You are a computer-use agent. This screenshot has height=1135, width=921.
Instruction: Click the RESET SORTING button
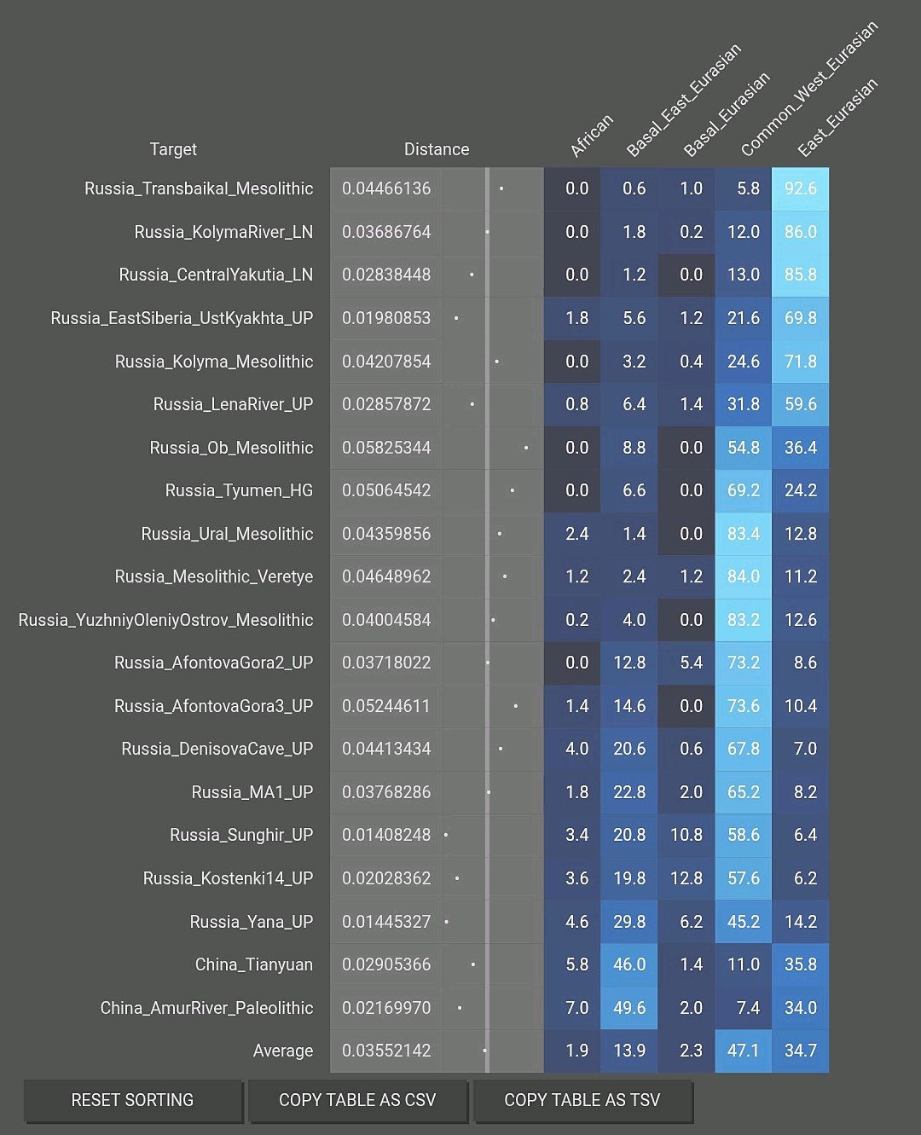click(x=132, y=1100)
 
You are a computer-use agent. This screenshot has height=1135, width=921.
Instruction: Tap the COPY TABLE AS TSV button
click(x=582, y=1100)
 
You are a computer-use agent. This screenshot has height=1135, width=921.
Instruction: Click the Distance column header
click(x=436, y=149)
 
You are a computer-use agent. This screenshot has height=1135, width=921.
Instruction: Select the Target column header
click(x=173, y=149)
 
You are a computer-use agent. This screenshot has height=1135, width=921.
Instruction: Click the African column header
click(x=591, y=136)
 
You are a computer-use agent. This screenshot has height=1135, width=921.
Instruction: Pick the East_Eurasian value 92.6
click(x=800, y=188)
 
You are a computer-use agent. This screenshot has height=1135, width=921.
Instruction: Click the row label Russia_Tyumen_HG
click(x=239, y=490)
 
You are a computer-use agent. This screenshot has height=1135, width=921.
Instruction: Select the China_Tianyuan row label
click(x=253, y=964)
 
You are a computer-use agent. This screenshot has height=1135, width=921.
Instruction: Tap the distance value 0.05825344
click(x=386, y=448)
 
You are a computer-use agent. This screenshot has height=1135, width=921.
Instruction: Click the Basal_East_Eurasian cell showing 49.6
click(x=629, y=1008)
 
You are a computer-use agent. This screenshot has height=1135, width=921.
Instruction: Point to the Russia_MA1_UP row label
click(x=252, y=792)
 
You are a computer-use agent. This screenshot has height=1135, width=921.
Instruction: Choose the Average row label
click(x=282, y=1051)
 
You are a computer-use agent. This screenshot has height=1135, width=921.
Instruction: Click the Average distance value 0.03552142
click(x=386, y=1051)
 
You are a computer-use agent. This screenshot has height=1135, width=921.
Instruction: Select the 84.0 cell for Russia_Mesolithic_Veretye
click(x=743, y=576)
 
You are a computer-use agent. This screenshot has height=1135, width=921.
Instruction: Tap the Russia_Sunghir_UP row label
click(x=241, y=835)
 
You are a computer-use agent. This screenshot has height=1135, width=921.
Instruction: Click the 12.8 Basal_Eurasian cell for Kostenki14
click(x=686, y=878)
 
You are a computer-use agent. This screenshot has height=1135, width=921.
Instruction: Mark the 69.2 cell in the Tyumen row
click(x=743, y=490)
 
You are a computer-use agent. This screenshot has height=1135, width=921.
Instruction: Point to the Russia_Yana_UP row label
click(x=251, y=922)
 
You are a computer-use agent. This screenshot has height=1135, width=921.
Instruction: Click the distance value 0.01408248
click(x=386, y=835)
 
